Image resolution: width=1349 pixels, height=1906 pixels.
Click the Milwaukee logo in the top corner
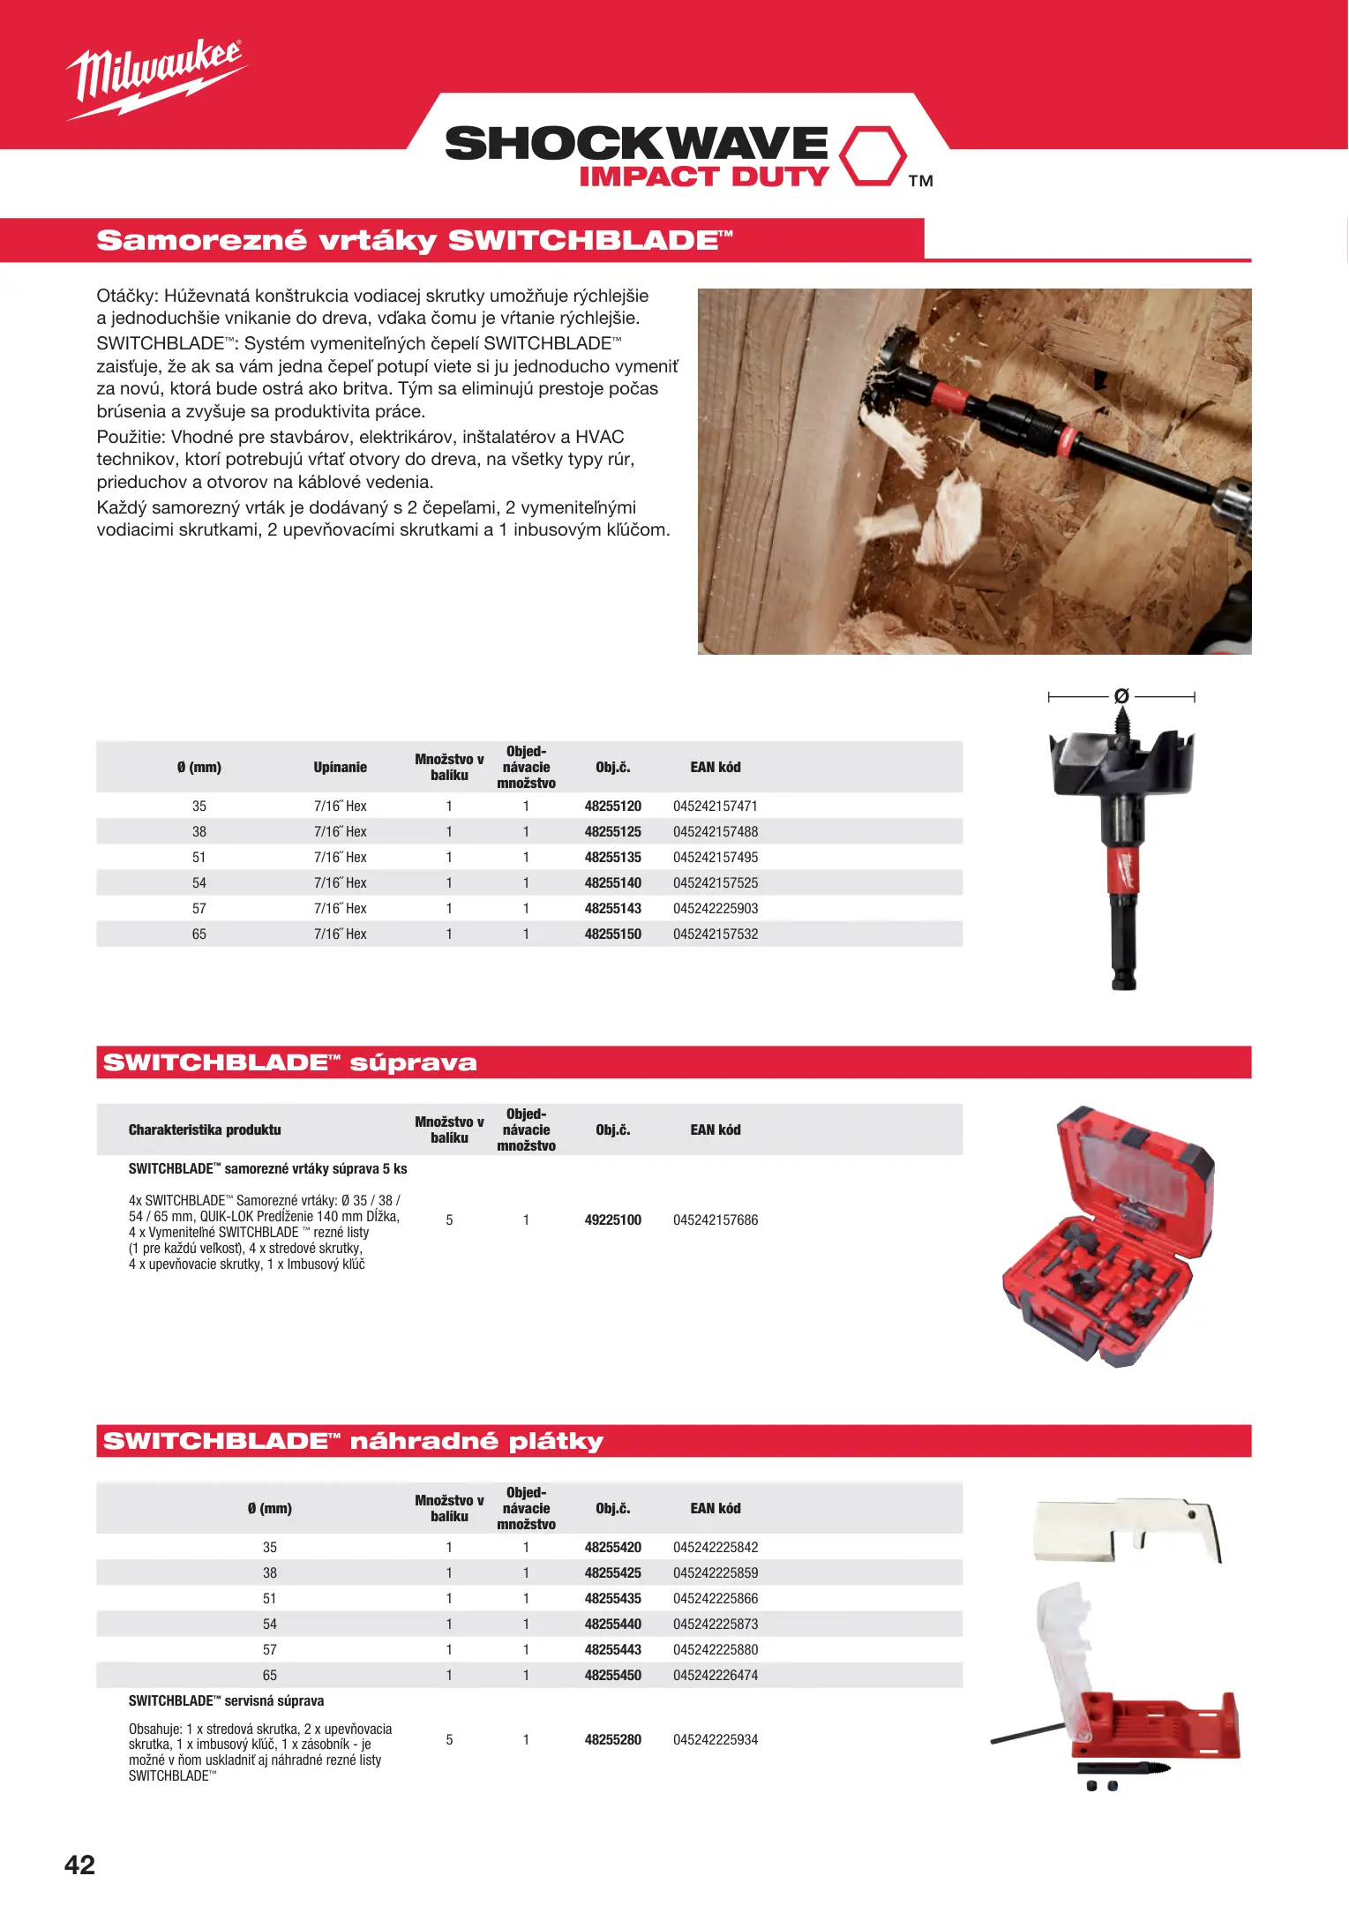point(154,79)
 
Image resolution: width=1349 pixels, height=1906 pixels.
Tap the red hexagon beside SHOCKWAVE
point(872,156)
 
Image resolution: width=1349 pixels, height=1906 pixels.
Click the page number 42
point(79,1865)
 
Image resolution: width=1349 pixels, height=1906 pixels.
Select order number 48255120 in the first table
point(612,806)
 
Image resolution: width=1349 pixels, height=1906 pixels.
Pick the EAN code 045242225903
point(715,908)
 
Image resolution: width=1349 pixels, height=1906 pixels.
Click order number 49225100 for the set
point(612,1219)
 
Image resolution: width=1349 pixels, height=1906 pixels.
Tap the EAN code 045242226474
point(715,1675)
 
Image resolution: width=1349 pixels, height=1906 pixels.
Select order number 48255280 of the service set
point(612,1739)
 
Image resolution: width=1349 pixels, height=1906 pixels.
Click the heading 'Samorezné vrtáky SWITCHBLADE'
point(415,240)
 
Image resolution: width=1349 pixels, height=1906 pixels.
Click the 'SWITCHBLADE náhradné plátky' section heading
point(353,1441)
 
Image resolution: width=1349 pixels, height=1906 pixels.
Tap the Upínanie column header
point(340,767)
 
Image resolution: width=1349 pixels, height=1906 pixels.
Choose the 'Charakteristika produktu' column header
point(205,1129)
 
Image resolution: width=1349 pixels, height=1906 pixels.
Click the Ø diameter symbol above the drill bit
point(1121,696)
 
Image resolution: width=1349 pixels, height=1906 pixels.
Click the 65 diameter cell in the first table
point(199,934)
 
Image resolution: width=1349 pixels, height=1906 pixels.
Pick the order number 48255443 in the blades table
point(612,1649)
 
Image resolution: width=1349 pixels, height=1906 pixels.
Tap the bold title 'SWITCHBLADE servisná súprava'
point(226,1700)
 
